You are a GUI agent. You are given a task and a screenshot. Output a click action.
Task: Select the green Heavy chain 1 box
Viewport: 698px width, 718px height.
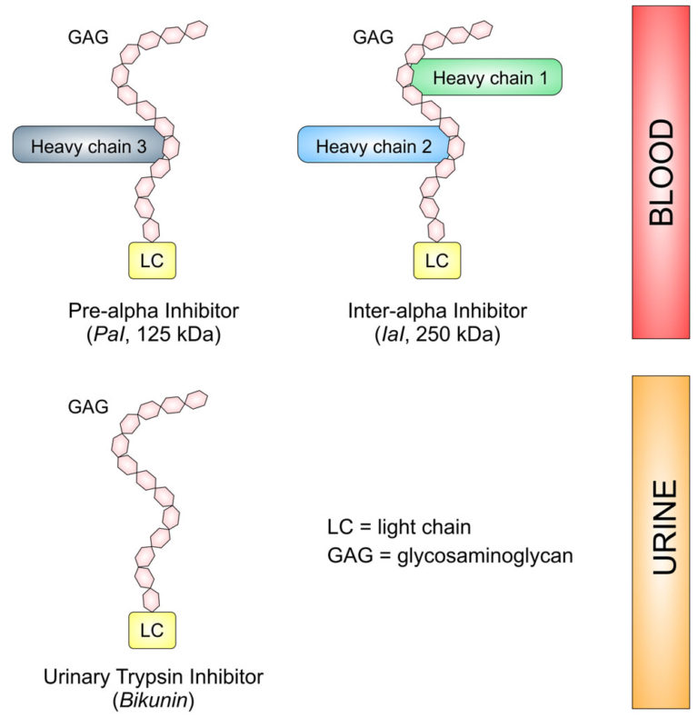pyautogui.click(x=489, y=79)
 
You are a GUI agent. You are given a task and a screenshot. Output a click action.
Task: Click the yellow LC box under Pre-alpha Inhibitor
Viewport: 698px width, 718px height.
pyautogui.click(x=152, y=261)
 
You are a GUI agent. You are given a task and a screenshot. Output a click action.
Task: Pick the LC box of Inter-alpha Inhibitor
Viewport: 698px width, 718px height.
pyautogui.click(x=437, y=261)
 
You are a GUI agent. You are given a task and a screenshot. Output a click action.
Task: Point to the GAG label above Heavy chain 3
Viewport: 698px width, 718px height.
pyautogui.click(x=89, y=37)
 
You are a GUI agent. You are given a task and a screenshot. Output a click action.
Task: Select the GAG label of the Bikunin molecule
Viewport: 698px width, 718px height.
pyautogui.click(x=89, y=405)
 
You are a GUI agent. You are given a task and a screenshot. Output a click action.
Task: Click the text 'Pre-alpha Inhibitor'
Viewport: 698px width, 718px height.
pyautogui.click(x=154, y=312)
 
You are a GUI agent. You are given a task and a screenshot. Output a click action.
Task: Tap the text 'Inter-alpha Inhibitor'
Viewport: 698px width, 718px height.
pyautogui.click(x=437, y=312)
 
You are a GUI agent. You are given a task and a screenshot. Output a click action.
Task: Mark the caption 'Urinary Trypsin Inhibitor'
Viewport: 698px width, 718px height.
pyautogui.click(x=154, y=677)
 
